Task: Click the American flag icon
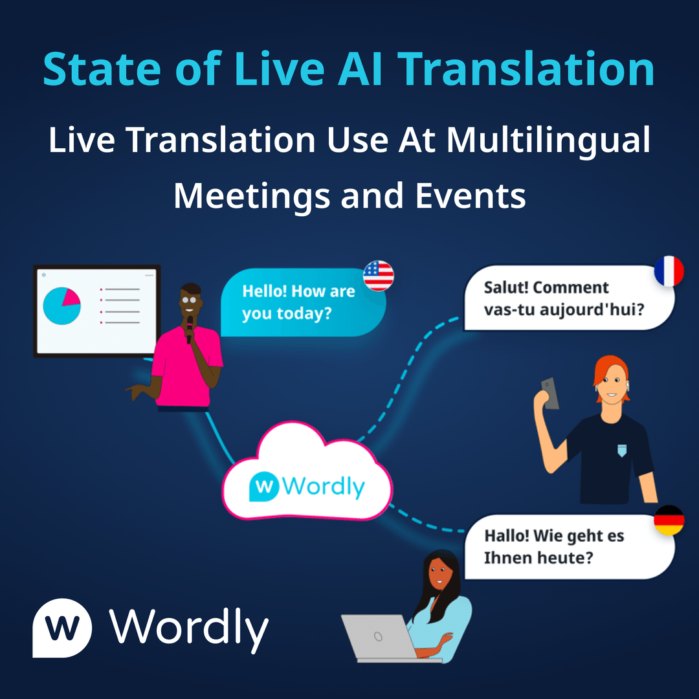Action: pos(379,276)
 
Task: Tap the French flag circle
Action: pos(669,271)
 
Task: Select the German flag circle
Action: pos(669,521)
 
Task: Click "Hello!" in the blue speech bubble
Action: pos(265,291)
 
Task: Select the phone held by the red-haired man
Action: pos(549,393)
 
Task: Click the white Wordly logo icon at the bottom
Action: pos(62,627)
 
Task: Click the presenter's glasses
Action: pos(190,300)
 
